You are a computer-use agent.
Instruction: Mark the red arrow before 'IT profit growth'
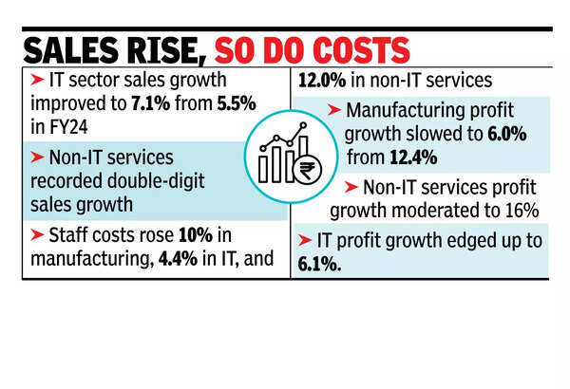coord(304,241)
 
